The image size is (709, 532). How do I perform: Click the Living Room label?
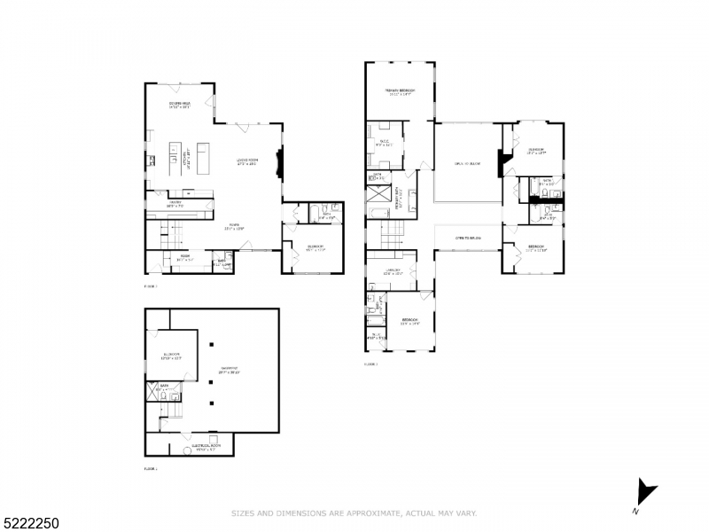point(246,161)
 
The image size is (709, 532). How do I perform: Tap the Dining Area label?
point(181,106)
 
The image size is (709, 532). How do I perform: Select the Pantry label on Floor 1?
point(177,204)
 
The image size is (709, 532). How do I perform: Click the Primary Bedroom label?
point(401,92)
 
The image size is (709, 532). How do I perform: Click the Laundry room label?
point(393,270)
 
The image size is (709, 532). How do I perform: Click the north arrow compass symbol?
point(644,494)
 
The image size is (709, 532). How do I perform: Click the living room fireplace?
point(279,161)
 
